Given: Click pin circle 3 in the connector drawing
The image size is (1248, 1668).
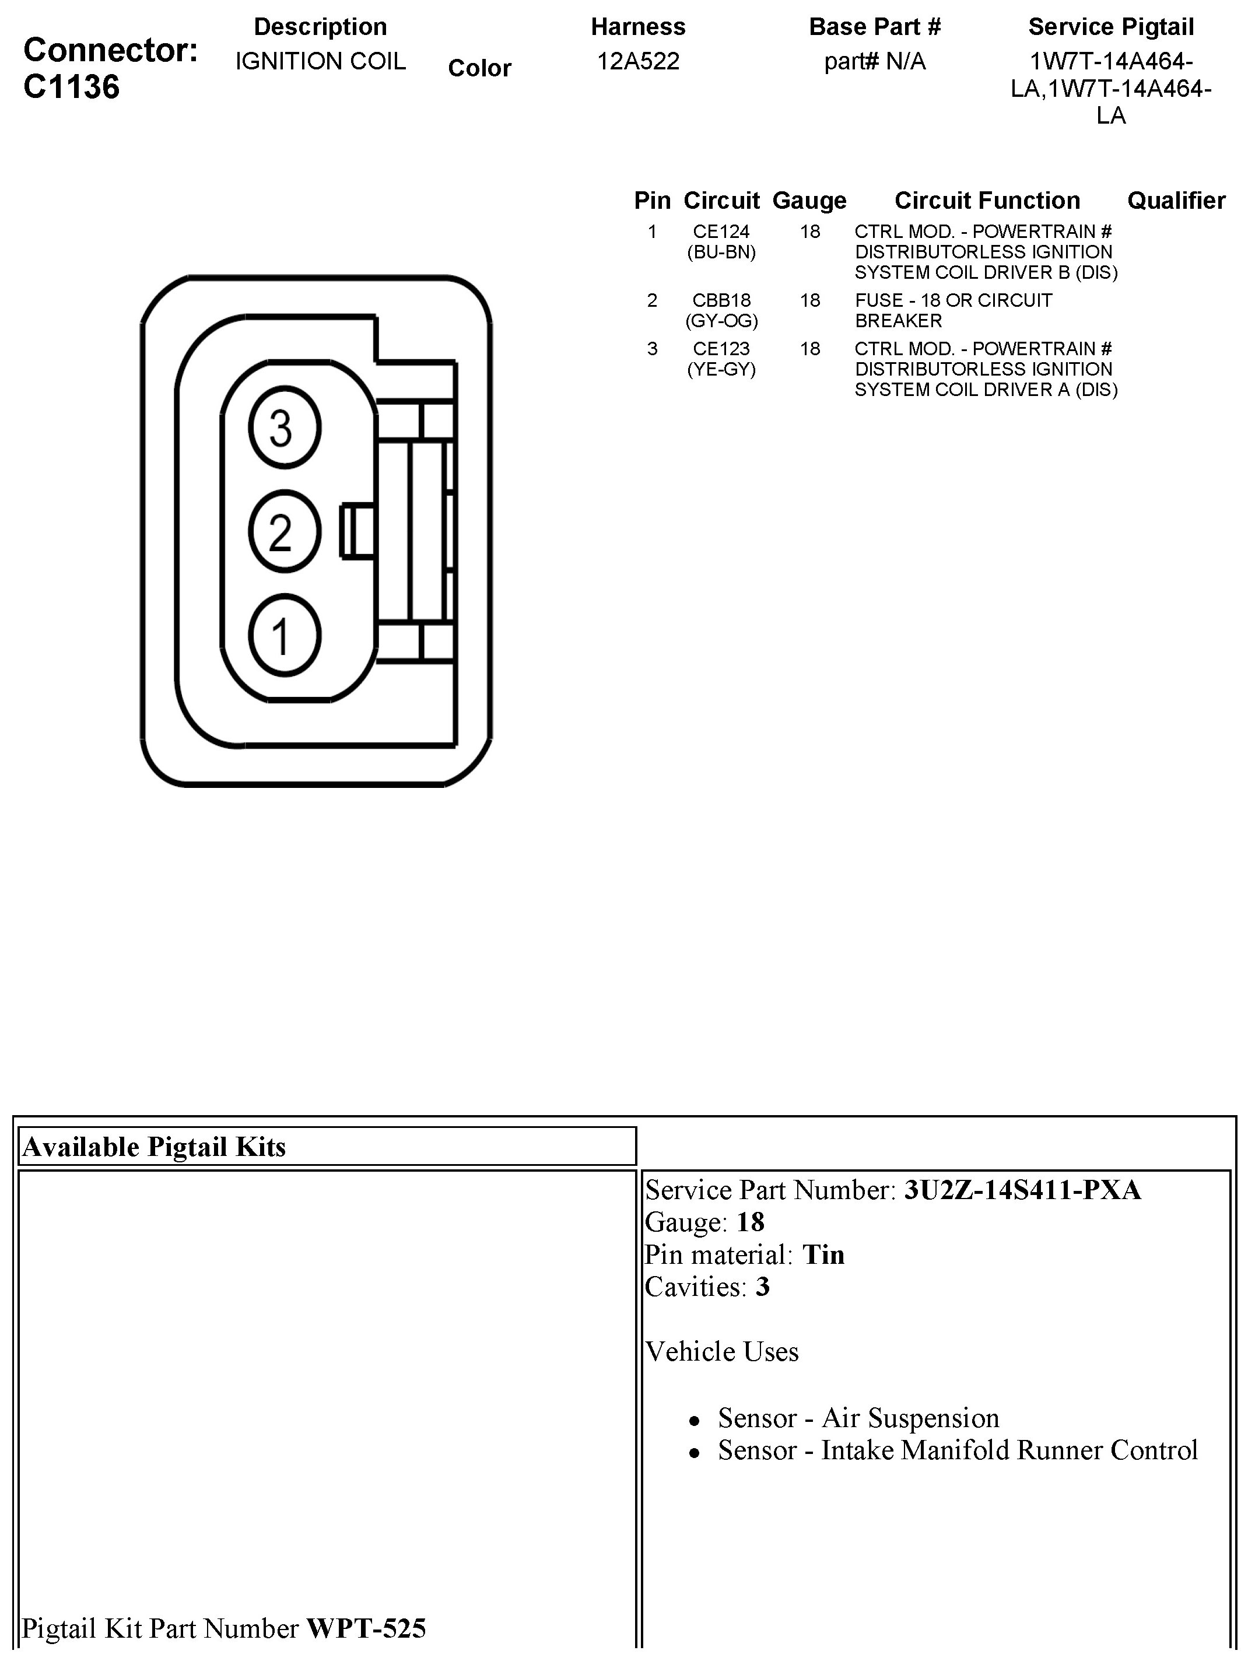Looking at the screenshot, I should click(x=284, y=427).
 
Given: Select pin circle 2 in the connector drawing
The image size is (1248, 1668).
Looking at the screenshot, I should click(x=284, y=532).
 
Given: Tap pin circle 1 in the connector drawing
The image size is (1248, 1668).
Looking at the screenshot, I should click(x=284, y=635).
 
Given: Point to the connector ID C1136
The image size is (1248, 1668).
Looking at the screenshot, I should click(x=72, y=87).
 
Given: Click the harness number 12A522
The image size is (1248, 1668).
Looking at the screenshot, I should click(x=638, y=61).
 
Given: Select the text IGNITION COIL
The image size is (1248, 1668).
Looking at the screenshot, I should click(x=321, y=61).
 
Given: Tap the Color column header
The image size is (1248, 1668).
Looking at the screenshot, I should click(x=479, y=68).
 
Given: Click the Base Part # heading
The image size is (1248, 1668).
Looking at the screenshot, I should click(x=875, y=27).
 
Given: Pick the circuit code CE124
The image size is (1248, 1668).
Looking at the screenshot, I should click(x=721, y=232).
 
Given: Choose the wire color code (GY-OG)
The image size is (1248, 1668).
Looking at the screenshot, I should click(x=721, y=321).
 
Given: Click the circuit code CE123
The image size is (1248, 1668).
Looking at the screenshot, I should click(x=721, y=348).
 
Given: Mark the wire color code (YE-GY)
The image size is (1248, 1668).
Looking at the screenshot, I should click(x=721, y=370).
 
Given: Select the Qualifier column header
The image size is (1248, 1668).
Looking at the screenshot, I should click(x=1176, y=201).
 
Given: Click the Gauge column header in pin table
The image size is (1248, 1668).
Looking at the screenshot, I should click(x=809, y=201).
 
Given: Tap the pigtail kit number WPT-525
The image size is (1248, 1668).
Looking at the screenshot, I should click(x=366, y=1628).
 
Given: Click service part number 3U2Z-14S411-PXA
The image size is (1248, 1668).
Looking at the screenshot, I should click(x=1022, y=1190).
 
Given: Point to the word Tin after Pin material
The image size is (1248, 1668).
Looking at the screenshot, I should click(x=823, y=1254).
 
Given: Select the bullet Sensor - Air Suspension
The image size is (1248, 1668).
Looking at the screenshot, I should click(x=858, y=1418).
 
